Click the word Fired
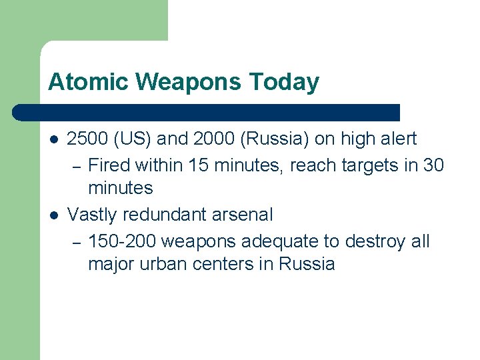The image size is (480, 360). pos(111,164)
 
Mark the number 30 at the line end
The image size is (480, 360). pos(433,164)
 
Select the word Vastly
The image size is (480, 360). pos(91,215)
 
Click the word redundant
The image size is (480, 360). pos(160,215)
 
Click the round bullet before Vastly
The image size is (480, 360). pos(53,215)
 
